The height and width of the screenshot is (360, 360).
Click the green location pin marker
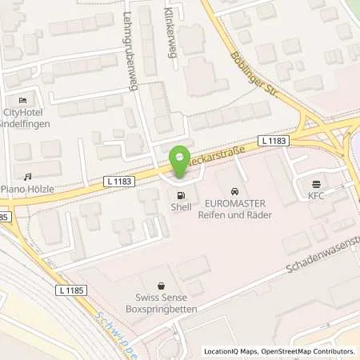181,162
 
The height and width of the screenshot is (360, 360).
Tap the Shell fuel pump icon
182,194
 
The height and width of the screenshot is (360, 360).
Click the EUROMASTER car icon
234,194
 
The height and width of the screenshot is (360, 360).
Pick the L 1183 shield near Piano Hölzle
120,182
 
